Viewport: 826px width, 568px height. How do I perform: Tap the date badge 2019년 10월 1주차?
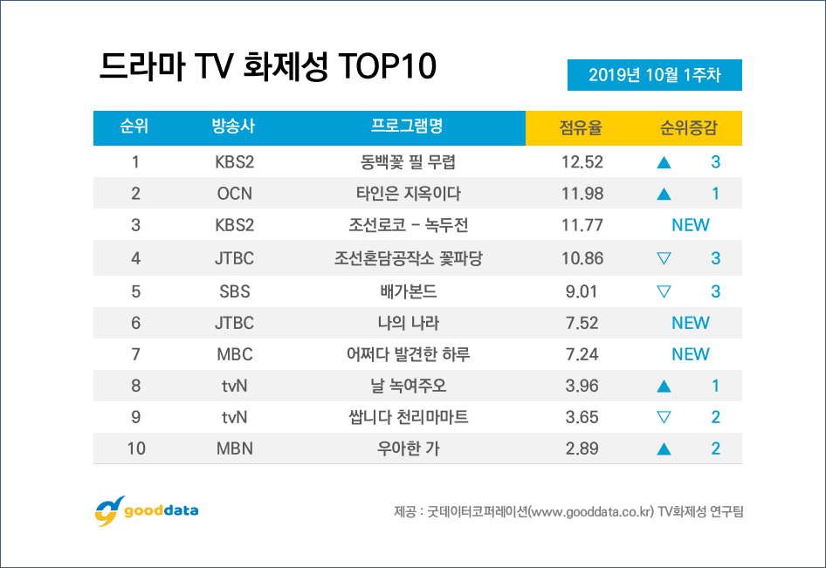click(x=655, y=75)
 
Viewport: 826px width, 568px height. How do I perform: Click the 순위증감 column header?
click(x=689, y=128)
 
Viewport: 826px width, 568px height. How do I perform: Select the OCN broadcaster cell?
click(x=234, y=194)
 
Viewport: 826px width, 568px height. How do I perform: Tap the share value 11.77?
click(x=582, y=225)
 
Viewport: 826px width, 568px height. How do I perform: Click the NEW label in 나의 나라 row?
click(x=690, y=323)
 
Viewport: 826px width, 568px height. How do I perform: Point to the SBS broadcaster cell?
click(x=234, y=291)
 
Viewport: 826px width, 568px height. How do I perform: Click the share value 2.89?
click(x=582, y=449)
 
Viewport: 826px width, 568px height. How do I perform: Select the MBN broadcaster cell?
click(x=234, y=449)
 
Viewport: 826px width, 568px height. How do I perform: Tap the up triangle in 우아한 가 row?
click(x=664, y=449)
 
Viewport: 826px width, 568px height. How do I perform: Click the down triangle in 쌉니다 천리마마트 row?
click(x=664, y=417)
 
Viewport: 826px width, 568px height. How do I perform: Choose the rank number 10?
click(x=135, y=449)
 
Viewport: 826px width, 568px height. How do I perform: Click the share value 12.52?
click(x=582, y=161)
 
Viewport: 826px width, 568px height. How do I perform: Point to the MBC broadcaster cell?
click(x=234, y=354)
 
